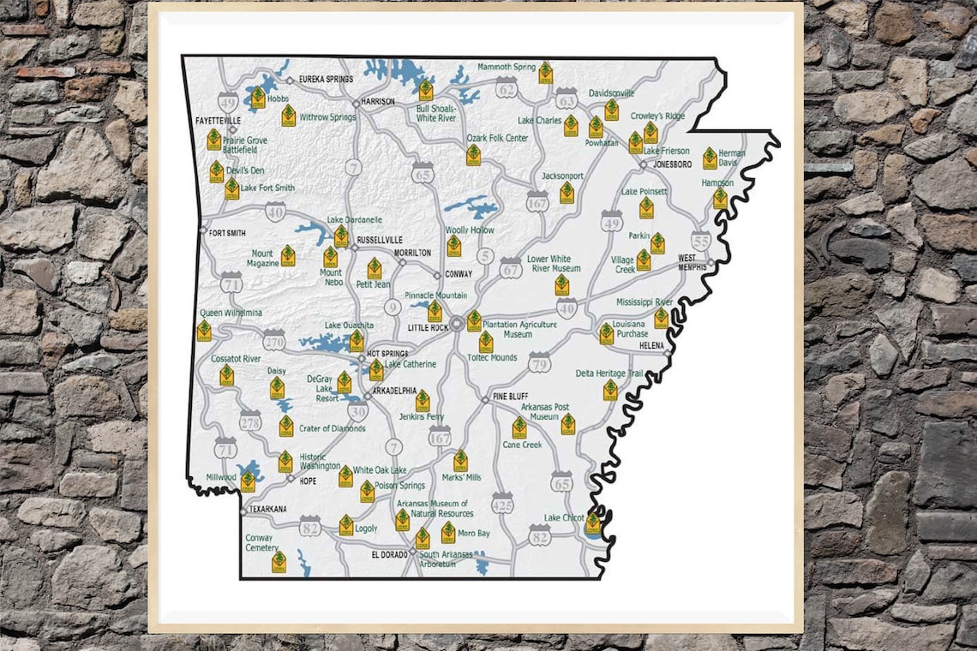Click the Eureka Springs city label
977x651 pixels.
(x=326, y=80)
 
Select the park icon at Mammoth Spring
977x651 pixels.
(x=545, y=73)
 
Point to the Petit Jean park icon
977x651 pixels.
(x=375, y=268)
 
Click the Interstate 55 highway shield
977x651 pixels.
(x=700, y=242)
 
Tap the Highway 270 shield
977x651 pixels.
(x=274, y=341)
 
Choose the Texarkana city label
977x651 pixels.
(x=267, y=509)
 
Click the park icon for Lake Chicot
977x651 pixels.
(x=592, y=523)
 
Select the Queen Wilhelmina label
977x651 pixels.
(x=231, y=313)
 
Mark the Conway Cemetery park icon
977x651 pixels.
(x=279, y=561)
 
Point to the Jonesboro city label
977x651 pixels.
(x=672, y=164)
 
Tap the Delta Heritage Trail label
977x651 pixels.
(x=609, y=373)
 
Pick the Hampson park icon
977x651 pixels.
(x=720, y=199)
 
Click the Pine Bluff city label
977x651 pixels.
(x=512, y=397)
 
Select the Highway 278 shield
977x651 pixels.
(x=250, y=421)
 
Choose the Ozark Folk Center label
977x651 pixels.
(x=497, y=138)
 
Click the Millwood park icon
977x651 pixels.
(x=248, y=481)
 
